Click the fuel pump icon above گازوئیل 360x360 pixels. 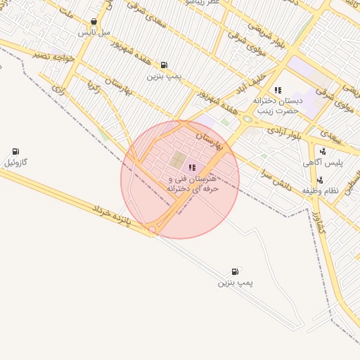15,151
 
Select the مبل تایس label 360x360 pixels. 94,32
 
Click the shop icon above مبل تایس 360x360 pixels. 94,22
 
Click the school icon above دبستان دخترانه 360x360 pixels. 278,90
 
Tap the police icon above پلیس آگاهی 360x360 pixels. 323,151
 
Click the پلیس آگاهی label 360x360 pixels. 323,162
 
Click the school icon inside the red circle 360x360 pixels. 193,167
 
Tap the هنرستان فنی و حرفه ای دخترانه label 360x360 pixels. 194,184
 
